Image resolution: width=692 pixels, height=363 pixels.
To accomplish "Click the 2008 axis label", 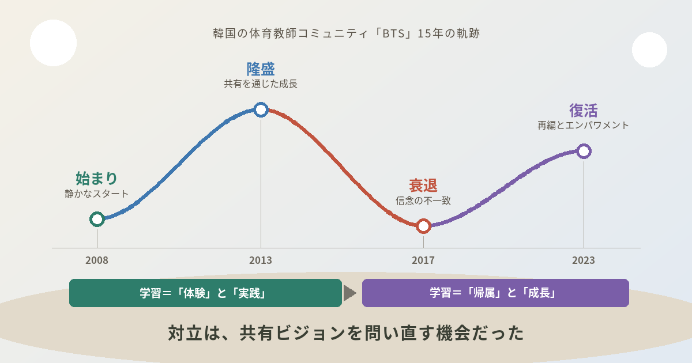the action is coord(97,260).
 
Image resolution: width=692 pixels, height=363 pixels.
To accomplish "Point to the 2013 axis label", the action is coord(261,260).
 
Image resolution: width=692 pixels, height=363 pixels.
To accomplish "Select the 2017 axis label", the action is coord(423,260).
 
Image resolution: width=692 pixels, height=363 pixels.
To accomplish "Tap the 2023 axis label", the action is coord(583,260).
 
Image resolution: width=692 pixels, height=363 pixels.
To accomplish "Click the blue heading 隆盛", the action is coord(261,69).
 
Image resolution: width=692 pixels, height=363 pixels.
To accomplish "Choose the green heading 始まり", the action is coord(96,178).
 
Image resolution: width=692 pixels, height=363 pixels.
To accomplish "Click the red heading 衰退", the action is coord(423,186).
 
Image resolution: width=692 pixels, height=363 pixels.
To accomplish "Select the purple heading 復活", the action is coord(583,111).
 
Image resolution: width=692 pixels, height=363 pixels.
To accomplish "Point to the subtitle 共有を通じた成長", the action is coord(261,84).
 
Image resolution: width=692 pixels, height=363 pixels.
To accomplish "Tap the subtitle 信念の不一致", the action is coord(423,201).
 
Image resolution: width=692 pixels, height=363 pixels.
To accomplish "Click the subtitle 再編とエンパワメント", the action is coord(583,126).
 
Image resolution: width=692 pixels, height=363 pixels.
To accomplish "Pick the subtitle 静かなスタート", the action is coord(96,194).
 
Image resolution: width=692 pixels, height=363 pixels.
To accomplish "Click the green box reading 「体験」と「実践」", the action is coord(205,293).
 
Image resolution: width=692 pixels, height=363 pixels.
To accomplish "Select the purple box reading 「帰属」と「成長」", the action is coord(495,293).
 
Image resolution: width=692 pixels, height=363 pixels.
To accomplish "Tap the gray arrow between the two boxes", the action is coord(349,293).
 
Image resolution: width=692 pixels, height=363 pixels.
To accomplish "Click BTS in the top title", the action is coord(393,33).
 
